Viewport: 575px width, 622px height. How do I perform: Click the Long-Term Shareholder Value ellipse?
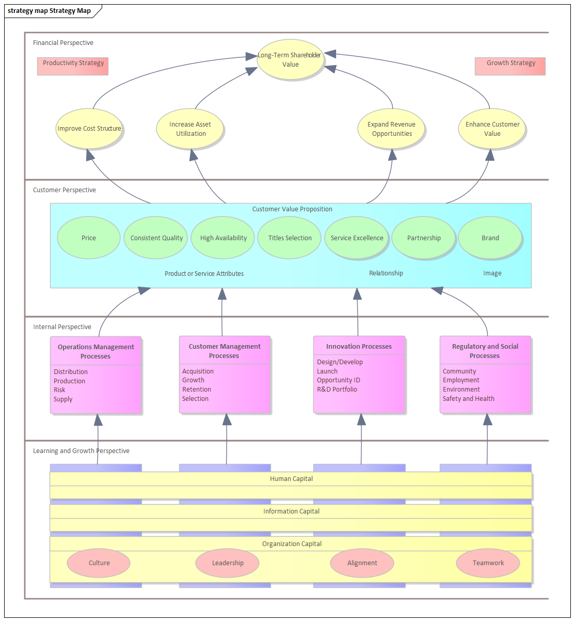point(291,60)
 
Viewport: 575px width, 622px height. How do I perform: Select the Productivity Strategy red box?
point(73,66)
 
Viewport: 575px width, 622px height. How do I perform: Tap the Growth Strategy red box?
point(510,66)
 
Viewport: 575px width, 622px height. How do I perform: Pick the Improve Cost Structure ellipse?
point(89,129)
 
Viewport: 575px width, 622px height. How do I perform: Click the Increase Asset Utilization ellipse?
point(190,129)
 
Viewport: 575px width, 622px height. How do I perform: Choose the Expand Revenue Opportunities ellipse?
point(391,129)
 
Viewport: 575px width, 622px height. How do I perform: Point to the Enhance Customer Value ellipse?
point(492,129)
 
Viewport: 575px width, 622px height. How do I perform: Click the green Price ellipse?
point(88,238)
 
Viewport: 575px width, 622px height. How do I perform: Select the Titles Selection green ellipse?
point(290,238)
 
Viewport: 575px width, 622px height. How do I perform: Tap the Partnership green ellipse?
point(423,238)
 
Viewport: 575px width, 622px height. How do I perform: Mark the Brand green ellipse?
point(490,238)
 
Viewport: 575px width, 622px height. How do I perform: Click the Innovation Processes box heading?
point(359,347)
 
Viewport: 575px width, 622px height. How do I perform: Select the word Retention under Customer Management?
point(197,390)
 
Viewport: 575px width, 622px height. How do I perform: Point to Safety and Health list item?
point(468,399)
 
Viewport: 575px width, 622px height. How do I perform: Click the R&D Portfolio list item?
point(337,390)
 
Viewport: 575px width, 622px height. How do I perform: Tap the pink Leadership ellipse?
point(228,563)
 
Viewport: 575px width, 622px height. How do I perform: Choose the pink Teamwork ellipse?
point(488,563)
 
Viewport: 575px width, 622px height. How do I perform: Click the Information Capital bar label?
point(291,511)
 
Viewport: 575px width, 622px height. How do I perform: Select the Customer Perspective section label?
point(65,190)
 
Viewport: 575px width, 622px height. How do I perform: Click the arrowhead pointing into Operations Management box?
point(98,420)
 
